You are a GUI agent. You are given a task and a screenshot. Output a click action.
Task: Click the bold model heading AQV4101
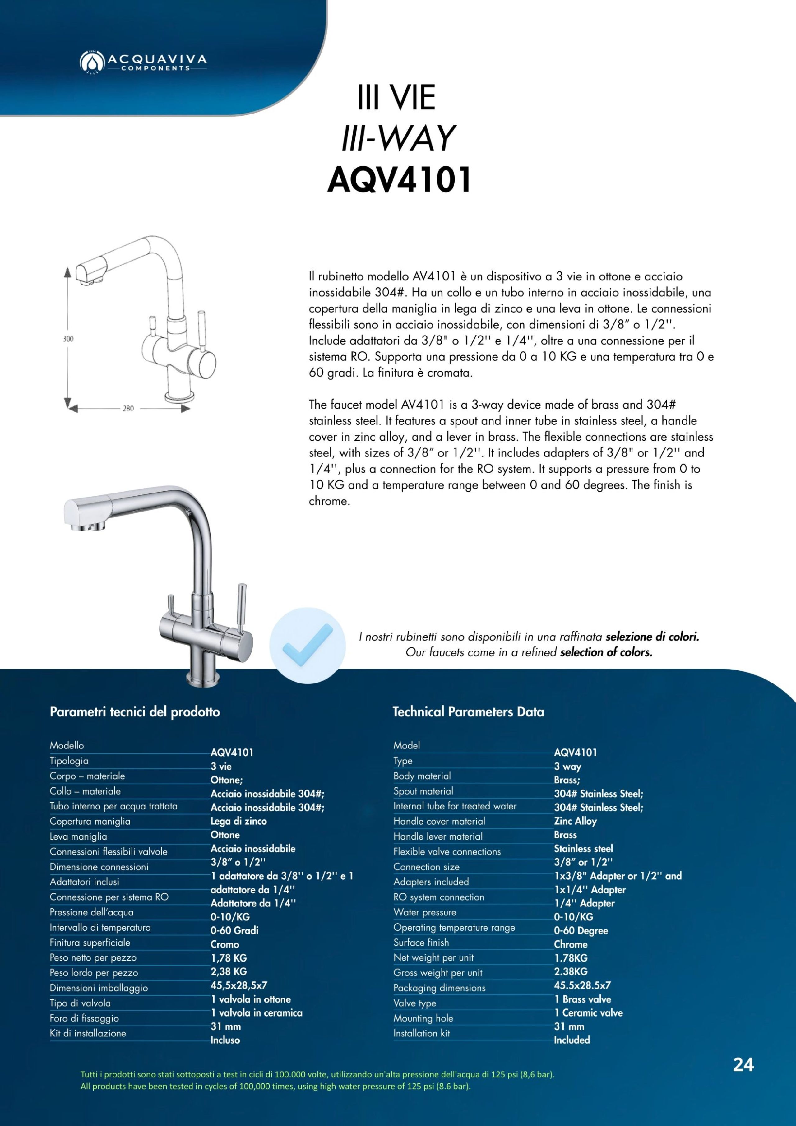pos(399,180)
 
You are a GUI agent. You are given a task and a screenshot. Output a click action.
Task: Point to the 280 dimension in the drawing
pos(128,408)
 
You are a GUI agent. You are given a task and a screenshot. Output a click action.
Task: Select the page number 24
pos(743,1065)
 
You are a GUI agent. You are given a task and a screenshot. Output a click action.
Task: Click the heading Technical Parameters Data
pos(468,712)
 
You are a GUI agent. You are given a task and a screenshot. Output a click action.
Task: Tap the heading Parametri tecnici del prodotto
pos(135,712)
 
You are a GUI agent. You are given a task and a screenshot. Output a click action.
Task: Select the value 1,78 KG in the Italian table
pos(229,958)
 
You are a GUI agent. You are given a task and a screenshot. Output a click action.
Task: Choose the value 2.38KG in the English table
pos(570,971)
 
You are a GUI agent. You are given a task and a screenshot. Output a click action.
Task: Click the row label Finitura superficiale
pos(90,943)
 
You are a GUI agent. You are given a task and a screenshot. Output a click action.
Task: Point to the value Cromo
pos(224,944)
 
